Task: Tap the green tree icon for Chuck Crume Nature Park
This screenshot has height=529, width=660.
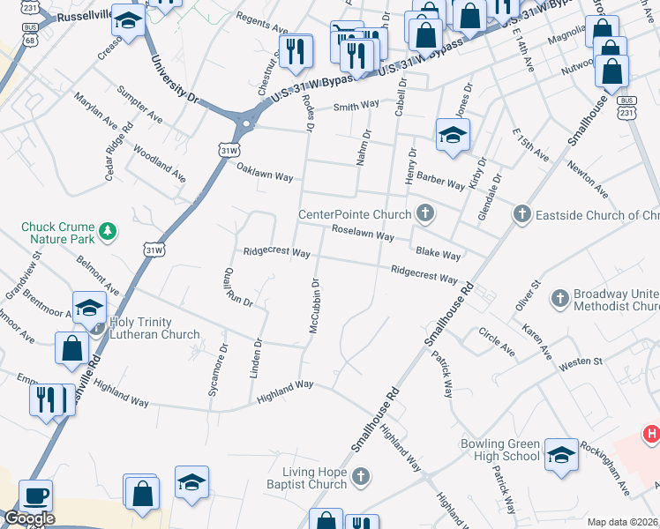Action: click(x=109, y=231)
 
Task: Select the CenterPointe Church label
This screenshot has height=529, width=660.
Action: click(x=355, y=214)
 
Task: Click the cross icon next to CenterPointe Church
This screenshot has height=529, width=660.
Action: click(x=425, y=212)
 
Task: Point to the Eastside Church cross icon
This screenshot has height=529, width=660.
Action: click(x=521, y=214)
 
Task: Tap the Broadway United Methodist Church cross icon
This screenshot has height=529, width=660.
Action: click(x=559, y=299)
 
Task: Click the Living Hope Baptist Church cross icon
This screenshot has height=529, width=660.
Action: click(x=359, y=477)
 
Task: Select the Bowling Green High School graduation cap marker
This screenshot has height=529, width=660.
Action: click(x=560, y=454)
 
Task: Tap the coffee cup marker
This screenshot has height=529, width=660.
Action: click(x=35, y=495)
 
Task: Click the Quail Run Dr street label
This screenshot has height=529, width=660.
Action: click(x=238, y=287)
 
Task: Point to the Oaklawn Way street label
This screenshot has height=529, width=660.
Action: click(x=264, y=175)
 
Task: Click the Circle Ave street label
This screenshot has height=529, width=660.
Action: click(x=497, y=341)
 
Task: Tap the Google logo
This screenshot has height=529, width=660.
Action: click(x=29, y=518)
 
